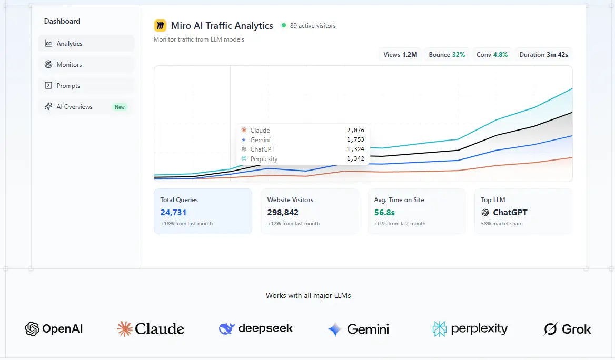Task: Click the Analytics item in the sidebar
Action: (86, 44)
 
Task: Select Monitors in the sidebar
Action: (86, 65)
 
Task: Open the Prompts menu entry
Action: (86, 85)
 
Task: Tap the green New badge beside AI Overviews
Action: (120, 107)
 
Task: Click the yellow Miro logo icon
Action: (160, 26)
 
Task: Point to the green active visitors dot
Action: (284, 25)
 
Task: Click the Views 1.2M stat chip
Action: (400, 55)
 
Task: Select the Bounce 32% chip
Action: (447, 55)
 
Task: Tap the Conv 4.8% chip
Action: (492, 55)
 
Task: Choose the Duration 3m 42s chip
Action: (543, 55)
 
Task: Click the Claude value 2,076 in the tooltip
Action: (355, 130)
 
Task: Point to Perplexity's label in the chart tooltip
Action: (264, 159)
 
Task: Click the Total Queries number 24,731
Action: (173, 213)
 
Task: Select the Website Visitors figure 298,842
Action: (283, 213)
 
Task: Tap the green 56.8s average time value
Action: (384, 213)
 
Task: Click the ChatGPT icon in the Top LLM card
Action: (485, 213)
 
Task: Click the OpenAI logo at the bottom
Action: (54, 328)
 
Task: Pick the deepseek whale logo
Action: (227, 328)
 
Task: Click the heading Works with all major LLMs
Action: (308, 296)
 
